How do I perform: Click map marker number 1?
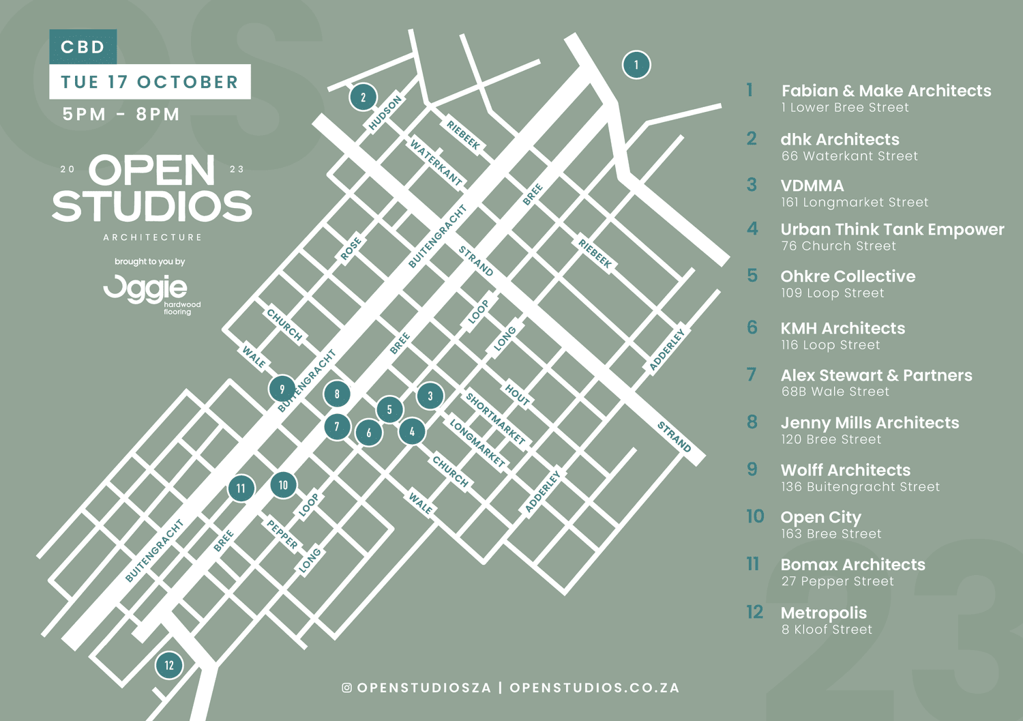pyautogui.click(x=636, y=65)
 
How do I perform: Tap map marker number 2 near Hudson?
pyautogui.click(x=363, y=97)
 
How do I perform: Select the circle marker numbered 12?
pyautogui.click(x=169, y=665)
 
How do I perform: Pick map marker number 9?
pyautogui.click(x=282, y=389)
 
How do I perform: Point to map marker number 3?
pyautogui.click(x=430, y=396)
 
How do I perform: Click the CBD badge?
pyautogui.click(x=83, y=47)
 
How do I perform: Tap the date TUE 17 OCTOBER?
pyautogui.click(x=149, y=82)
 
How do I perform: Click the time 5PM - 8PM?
pyautogui.click(x=121, y=114)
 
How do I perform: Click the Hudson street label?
pyautogui.click(x=385, y=113)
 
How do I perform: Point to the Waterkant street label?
pyautogui.click(x=436, y=162)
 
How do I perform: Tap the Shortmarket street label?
pyautogui.click(x=495, y=418)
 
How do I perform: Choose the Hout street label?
pyautogui.click(x=517, y=396)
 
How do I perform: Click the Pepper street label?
pyautogui.click(x=282, y=534)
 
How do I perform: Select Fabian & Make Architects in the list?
pyautogui.click(x=886, y=91)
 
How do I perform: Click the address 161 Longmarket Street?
pyautogui.click(x=855, y=203)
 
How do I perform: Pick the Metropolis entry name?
pyautogui.click(x=823, y=613)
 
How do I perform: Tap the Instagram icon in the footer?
pyautogui.click(x=347, y=688)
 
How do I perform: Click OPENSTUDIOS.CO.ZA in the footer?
pyautogui.click(x=595, y=688)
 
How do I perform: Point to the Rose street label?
pyautogui.click(x=351, y=250)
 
